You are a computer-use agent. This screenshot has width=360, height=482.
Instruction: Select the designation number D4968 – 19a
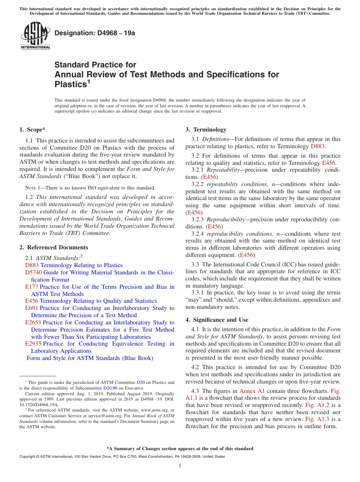pyautogui.click(x=95, y=33)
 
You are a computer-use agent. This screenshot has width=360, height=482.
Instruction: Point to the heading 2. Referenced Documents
pyautogui.click(x=53, y=247)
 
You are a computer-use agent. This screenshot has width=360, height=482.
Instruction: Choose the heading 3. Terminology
pyautogui.click(x=206, y=130)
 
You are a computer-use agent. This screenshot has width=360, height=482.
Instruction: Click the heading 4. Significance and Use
pyautogui.click(x=217, y=320)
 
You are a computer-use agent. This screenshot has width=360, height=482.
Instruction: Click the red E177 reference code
pyautogui.click(x=31, y=287)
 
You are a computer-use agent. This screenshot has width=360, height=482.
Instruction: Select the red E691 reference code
pyautogui.click(x=31, y=308)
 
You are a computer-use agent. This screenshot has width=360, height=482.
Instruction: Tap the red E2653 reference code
pyautogui.click(x=33, y=322)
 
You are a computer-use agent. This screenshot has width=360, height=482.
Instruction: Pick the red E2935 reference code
pyautogui.click(x=33, y=344)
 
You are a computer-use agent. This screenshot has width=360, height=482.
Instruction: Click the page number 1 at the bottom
pyautogui.click(x=180, y=466)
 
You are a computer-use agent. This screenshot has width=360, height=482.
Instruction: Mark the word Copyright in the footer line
pyautogui.click(x=28, y=457)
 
